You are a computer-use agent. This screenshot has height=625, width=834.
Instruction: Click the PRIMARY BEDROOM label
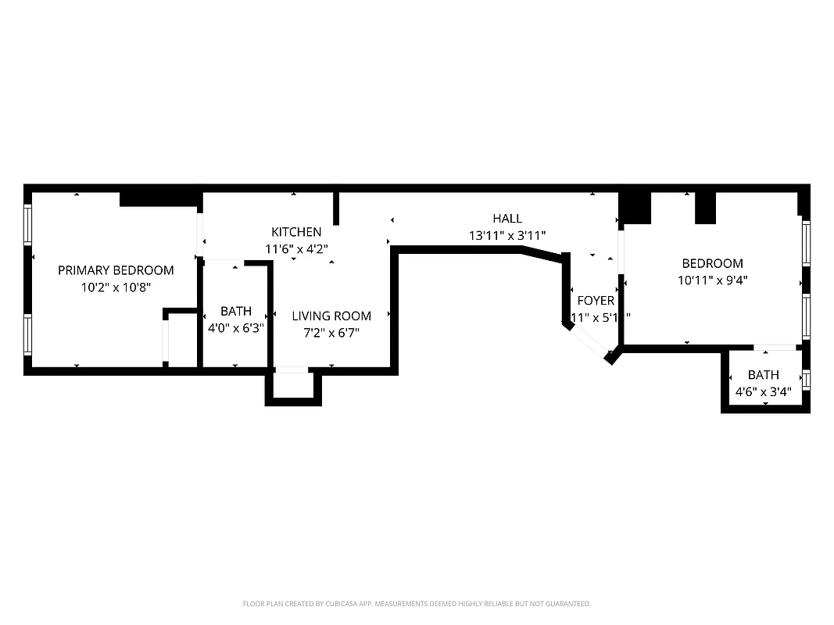(x=116, y=270)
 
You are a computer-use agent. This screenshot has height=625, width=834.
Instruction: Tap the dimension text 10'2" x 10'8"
(x=116, y=287)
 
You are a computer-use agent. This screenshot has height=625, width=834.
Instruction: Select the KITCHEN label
(x=296, y=232)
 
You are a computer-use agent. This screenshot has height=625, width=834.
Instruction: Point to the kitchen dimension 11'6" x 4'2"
(x=296, y=248)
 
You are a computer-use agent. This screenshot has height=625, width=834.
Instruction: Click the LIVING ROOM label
(x=331, y=316)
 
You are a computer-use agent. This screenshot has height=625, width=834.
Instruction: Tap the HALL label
(x=507, y=219)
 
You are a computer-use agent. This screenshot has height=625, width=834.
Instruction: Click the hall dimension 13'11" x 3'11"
(x=507, y=235)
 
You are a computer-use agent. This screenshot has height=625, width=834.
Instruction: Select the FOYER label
(x=596, y=301)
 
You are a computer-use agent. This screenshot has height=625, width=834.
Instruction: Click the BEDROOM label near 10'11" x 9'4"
(x=712, y=263)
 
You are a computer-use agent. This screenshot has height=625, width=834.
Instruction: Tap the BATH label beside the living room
(x=235, y=311)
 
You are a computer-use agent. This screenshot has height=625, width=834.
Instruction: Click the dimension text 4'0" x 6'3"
(x=235, y=328)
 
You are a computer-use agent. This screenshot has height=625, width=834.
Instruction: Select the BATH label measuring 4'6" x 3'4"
(x=763, y=375)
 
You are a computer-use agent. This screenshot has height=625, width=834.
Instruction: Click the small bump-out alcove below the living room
(x=293, y=385)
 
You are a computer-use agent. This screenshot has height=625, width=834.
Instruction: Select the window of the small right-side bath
(x=806, y=380)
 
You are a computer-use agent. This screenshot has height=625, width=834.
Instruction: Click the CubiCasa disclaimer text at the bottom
(x=417, y=604)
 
